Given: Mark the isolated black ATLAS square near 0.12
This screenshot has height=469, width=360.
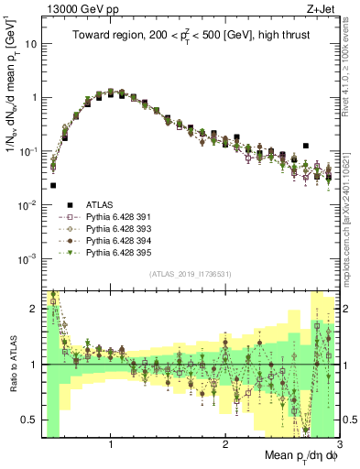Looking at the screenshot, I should [306, 146].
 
